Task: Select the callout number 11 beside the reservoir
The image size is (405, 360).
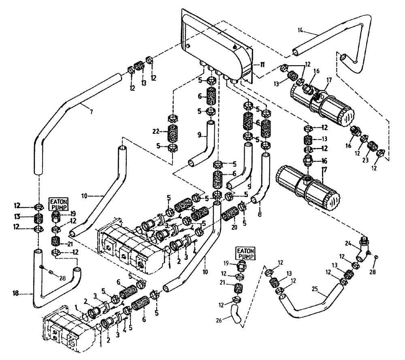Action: tap(262, 64)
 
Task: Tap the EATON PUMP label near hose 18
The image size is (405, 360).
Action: tap(60, 203)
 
